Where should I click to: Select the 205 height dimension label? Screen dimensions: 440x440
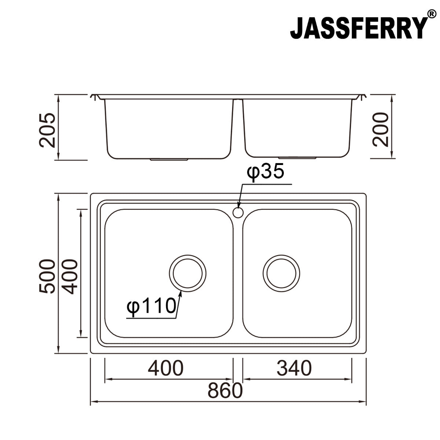coord(48,130)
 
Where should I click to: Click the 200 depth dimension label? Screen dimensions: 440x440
coord(380,129)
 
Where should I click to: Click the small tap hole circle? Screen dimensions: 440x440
coord(238,212)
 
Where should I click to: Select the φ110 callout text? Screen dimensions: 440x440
coord(151,306)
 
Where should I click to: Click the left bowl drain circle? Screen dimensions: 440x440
coord(187,273)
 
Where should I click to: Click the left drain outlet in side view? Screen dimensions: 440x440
coord(169,159)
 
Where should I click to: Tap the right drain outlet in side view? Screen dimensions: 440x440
coord(297,158)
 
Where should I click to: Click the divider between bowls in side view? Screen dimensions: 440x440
coord(238,125)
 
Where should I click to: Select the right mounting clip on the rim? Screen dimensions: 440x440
coord(361,97)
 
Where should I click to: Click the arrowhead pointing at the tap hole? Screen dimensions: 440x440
coord(239,206)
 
